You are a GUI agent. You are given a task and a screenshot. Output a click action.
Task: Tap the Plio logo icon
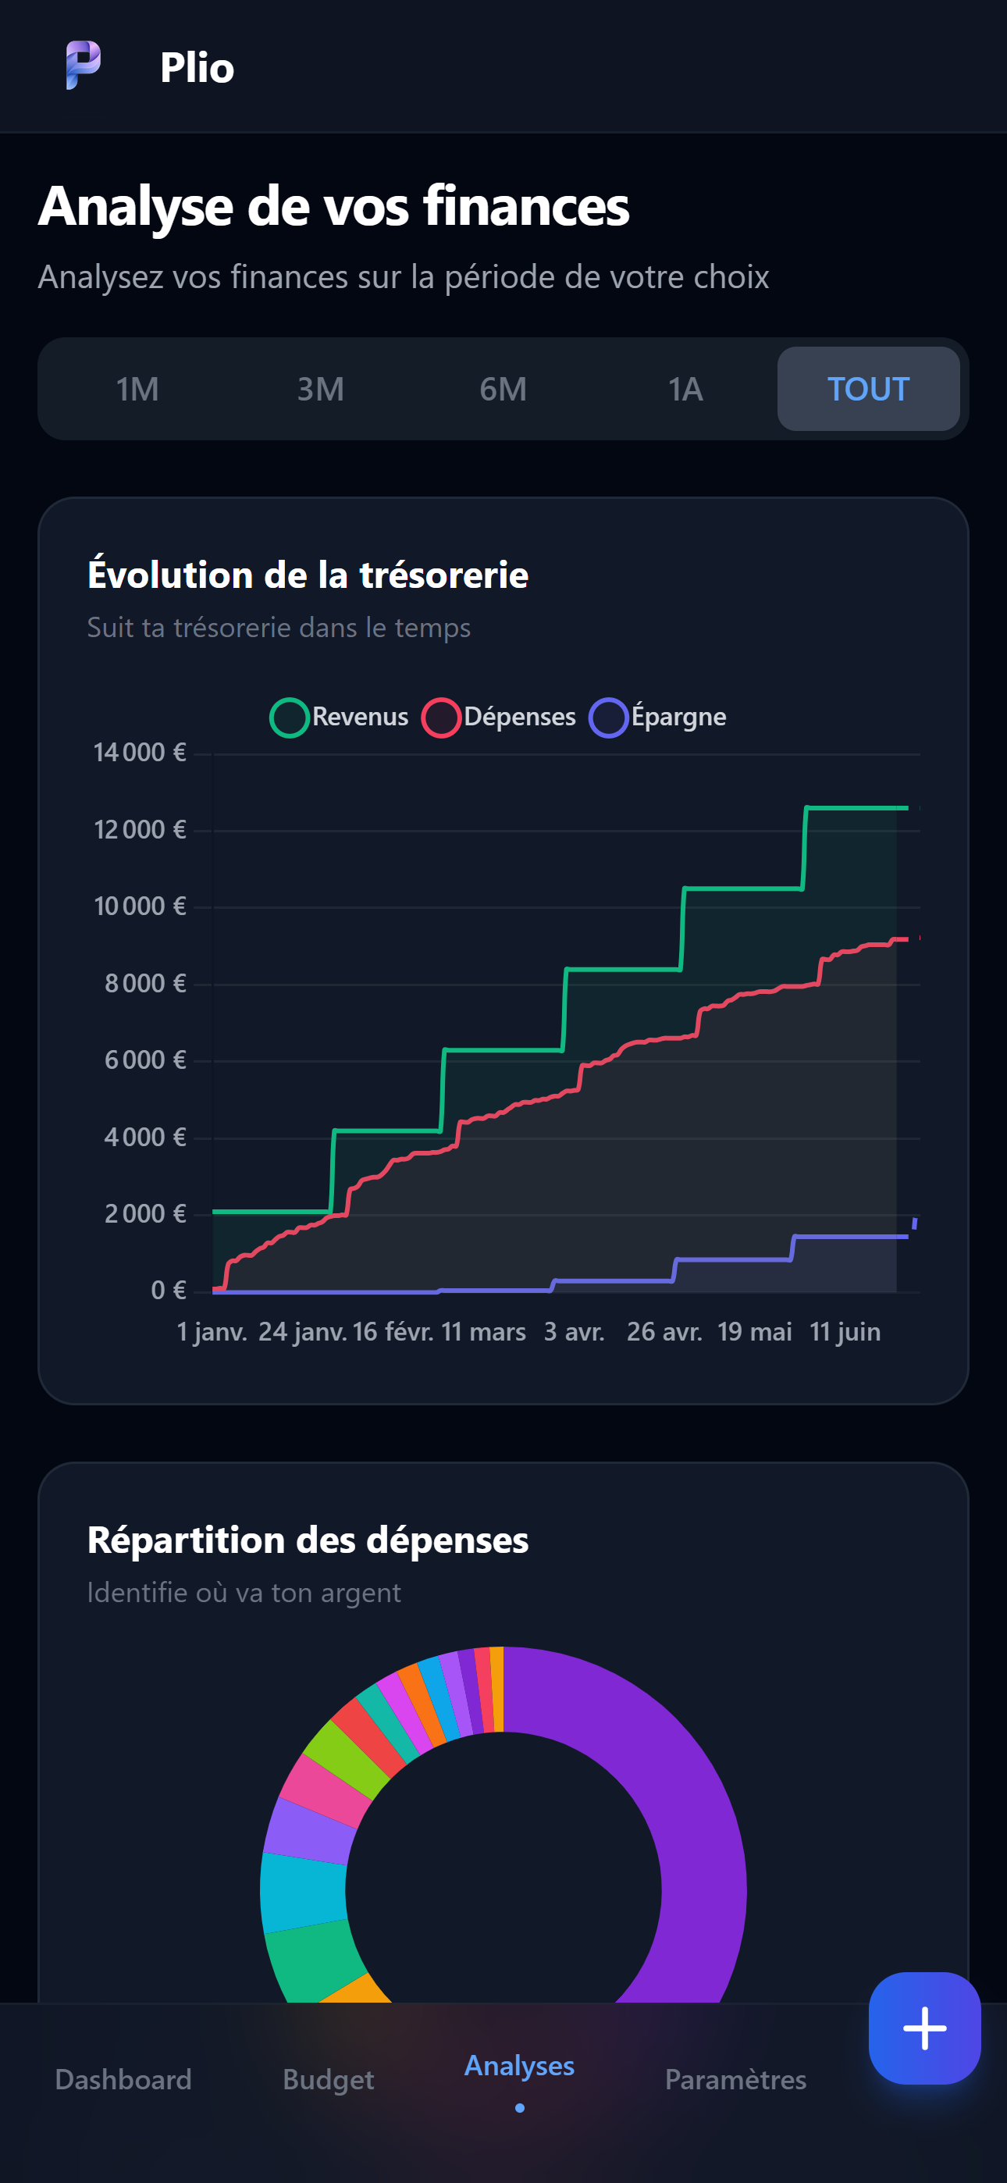click(x=83, y=66)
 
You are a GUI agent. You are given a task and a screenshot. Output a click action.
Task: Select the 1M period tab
click(x=137, y=389)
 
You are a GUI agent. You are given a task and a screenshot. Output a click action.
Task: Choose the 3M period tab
click(x=320, y=389)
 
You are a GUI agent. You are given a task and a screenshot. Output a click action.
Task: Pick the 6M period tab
click(x=503, y=389)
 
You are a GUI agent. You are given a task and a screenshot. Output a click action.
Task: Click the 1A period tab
click(x=685, y=389)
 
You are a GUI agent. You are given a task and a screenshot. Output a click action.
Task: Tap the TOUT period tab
click(x=869, y=389)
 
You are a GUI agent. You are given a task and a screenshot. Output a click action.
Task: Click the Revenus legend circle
click(x=289, y=718)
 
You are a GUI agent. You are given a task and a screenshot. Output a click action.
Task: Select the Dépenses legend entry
click(x=500, y=718)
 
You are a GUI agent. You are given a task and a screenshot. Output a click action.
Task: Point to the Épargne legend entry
click(x=658, y=718)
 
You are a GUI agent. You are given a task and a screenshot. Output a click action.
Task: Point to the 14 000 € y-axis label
click(x=140, y=753)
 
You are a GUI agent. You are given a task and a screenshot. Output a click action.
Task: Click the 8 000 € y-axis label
click(x=145, y=983)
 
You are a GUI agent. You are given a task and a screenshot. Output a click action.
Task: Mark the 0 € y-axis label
click(x=169, y=1290)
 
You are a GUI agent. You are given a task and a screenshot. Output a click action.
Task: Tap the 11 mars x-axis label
click(x=484, y=1331)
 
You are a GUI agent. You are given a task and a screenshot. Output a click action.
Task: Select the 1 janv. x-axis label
click(x=212, y=1331)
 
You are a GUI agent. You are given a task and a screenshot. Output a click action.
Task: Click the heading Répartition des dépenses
click(x=308, y=1540)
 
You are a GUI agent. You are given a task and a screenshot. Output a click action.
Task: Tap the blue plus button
click(x=925, y=2028)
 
